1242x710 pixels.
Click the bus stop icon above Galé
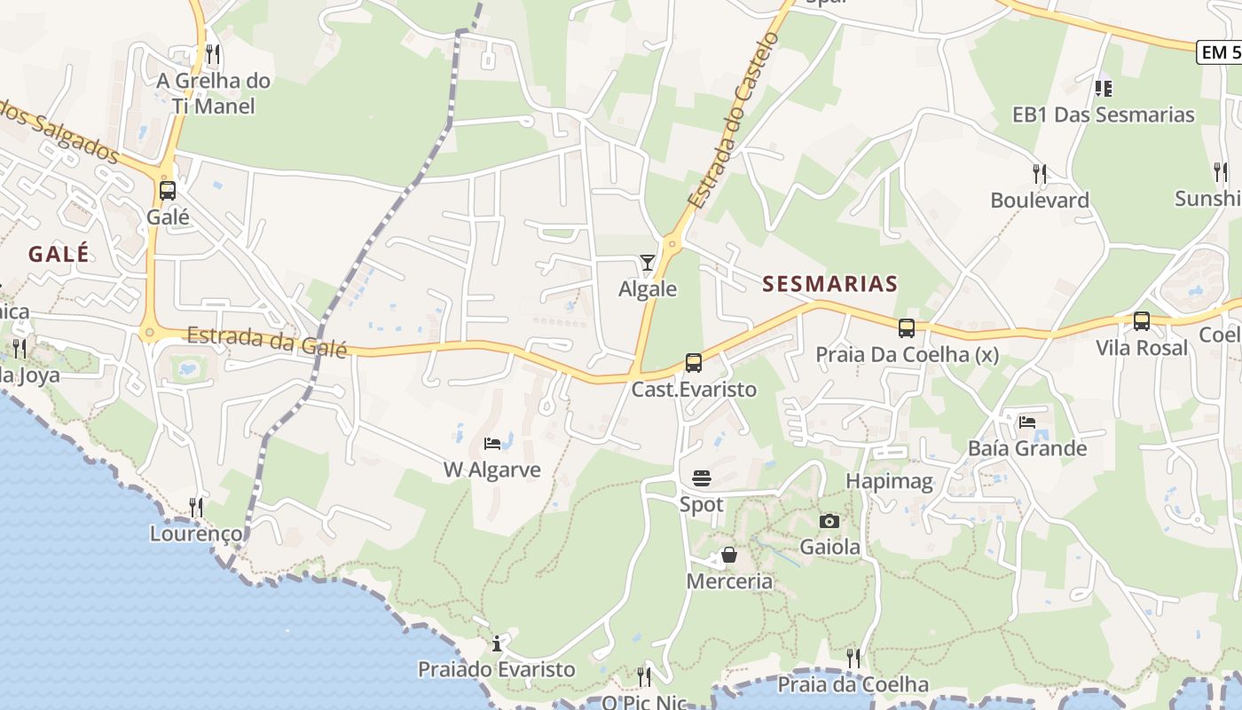click(167, 190)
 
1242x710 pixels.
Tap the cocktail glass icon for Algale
click(648, 262)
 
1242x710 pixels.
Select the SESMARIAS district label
click(829, 284)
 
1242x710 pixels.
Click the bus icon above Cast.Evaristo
click(694, 362)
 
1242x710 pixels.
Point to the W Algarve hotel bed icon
click(491, 443)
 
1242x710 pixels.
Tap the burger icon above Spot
click(702, 479)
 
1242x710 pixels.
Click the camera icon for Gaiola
click(829, 521)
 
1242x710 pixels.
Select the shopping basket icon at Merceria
click(729, 556)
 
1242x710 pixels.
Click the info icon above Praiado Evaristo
click(497, 643)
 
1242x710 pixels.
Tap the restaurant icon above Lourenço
click(196, 507)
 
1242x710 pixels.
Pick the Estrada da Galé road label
click(266, 342)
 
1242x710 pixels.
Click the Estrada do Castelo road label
click(735, 120)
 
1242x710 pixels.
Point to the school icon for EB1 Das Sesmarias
click(1104, 88)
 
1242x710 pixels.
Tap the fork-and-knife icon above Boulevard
click(1040, 172)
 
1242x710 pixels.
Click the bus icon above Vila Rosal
click(1142, 320)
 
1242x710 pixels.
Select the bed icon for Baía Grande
click(1027, 422)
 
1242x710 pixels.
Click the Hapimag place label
click(889, 482)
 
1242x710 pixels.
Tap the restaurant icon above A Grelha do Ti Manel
click(212, 54)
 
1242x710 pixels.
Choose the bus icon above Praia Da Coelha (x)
click(907, 327)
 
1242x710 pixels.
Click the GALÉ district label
click(59, 254)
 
